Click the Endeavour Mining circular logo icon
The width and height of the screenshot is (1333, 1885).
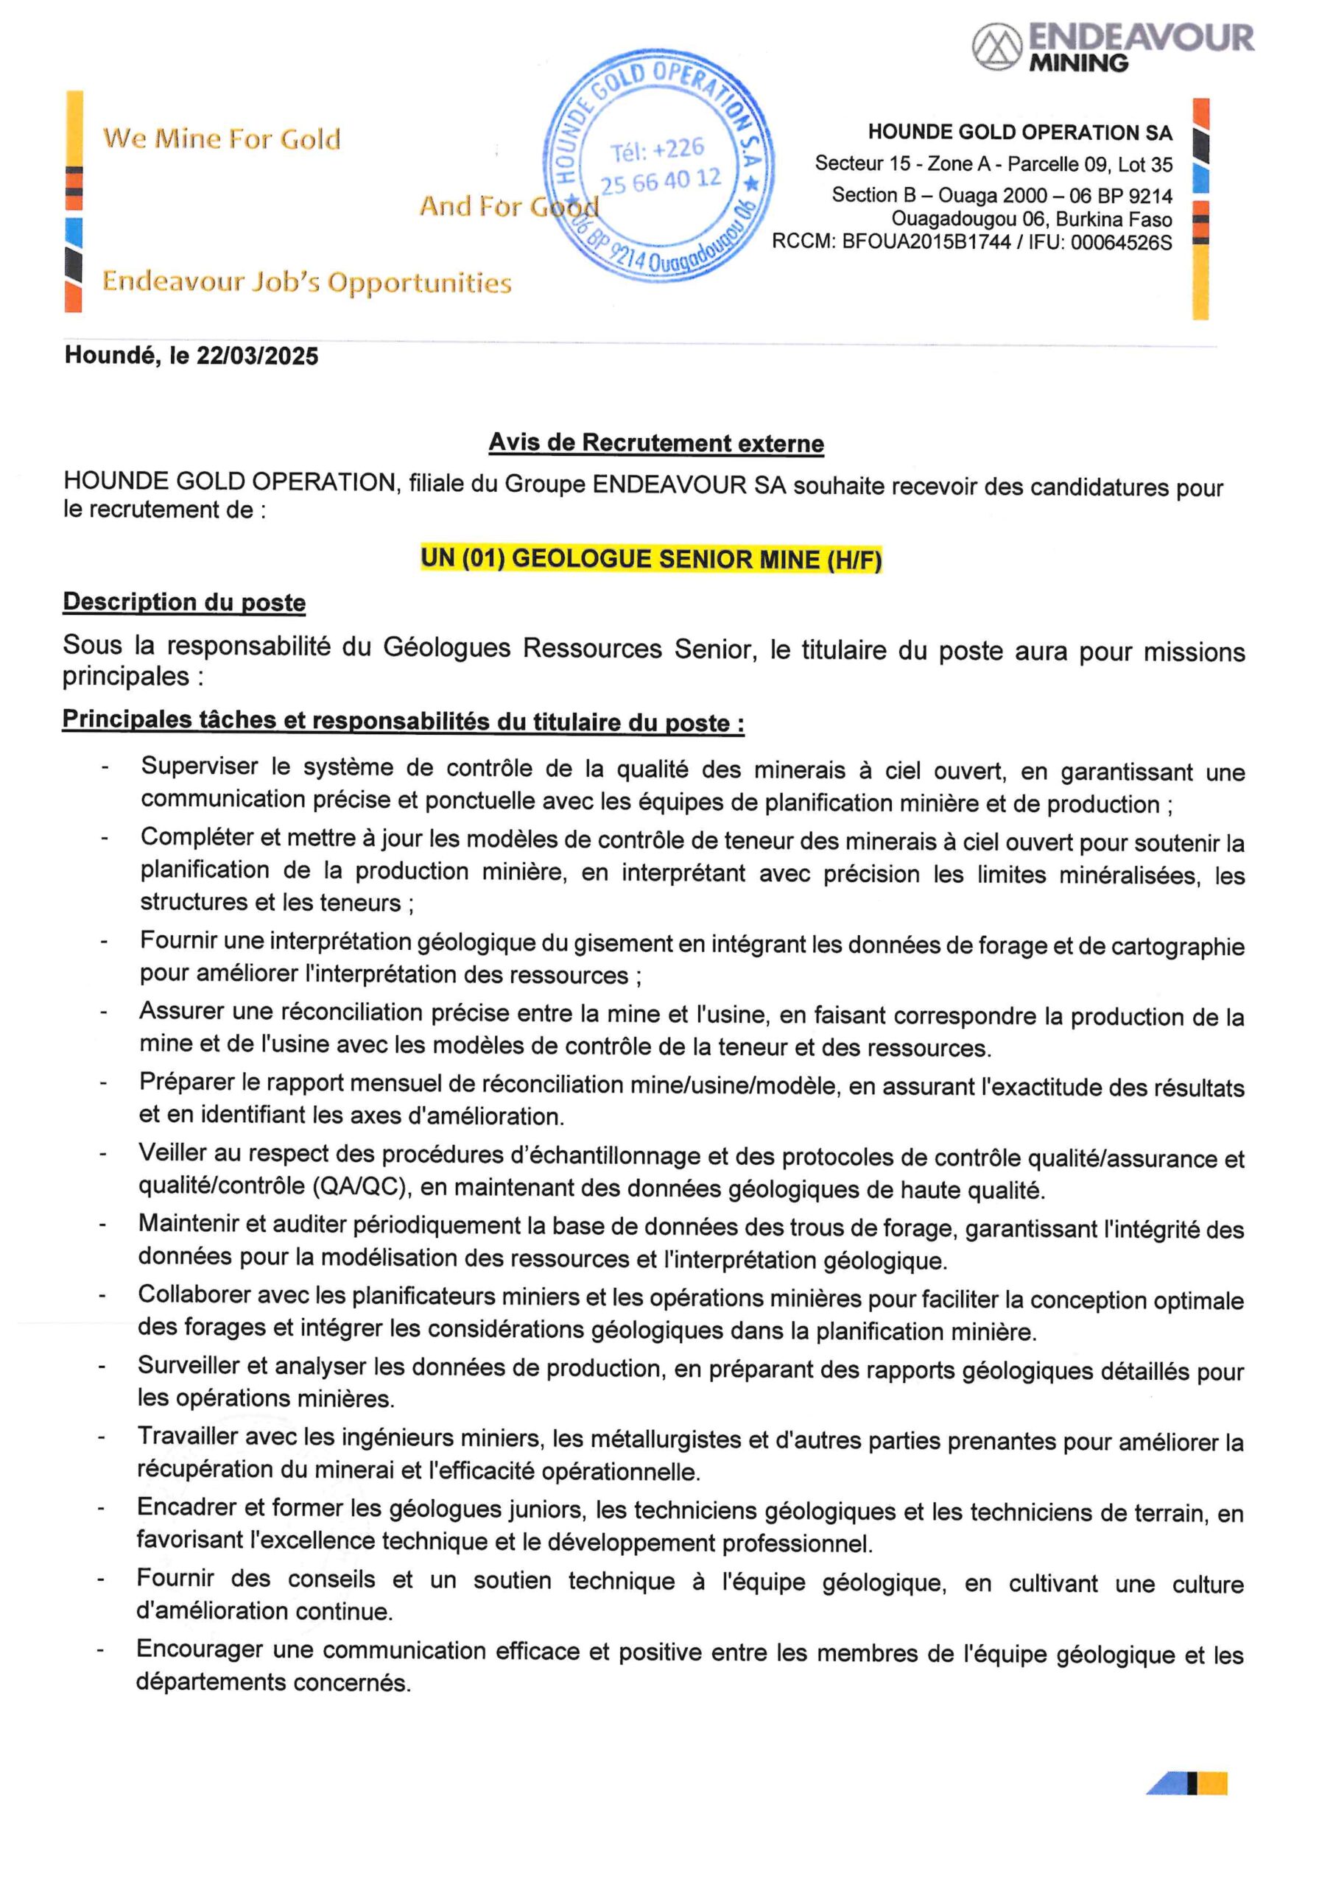[x=996, y=47]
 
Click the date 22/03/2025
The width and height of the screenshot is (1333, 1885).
[x=257, y=356]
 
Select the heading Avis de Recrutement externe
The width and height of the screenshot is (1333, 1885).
[x=655, y=443]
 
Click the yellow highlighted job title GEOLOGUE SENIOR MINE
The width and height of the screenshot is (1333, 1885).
[x=650, y=560]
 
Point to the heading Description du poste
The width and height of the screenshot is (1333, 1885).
[x=184, y=602]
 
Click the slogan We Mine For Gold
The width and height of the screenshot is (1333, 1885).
[x=222, y=138]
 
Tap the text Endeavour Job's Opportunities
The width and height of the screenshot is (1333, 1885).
[x=306, y=283]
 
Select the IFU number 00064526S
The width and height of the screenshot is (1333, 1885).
[x=1121, y=243]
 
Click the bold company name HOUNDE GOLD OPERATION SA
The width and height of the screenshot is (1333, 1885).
[x=1020, y=133]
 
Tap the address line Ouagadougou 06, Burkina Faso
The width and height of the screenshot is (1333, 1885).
[x=1032, y=219]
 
